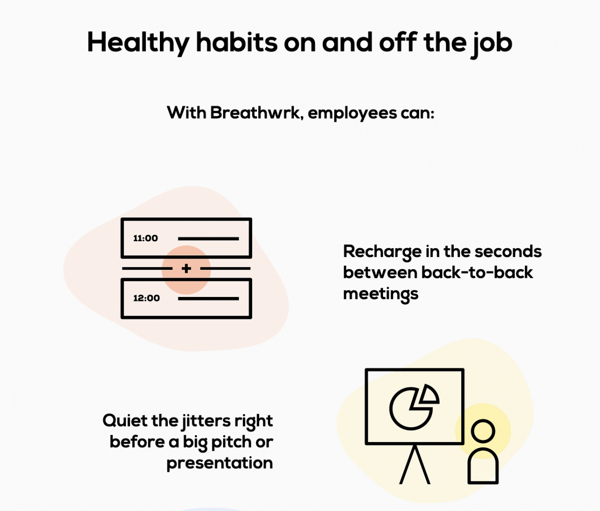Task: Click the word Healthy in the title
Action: (138, 43)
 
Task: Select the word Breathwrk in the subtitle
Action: (255, 113)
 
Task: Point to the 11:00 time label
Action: (145, 238)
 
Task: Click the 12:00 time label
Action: (146, 298)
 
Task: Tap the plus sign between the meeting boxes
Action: (187, 268)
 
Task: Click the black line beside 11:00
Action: (209, 238)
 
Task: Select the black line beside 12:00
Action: (209, 298)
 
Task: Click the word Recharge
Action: (382, 252)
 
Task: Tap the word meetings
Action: (380, 294)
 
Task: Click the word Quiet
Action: (125, 421)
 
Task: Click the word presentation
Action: (219, 463)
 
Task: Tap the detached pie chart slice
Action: (429, 395)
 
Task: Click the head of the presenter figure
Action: (483, 431)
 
